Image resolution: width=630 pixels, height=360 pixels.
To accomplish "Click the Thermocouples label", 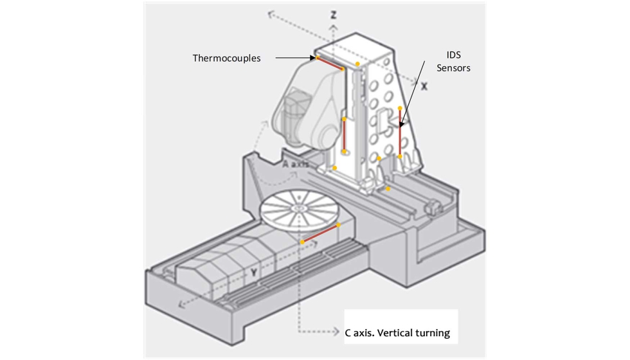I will (x=226, y=58).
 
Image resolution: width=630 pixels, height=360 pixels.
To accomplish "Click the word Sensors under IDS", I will (x=454, y=67).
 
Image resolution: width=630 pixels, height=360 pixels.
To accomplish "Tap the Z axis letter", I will (x=333, y=14).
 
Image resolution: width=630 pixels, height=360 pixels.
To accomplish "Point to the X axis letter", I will (x=424, y=85).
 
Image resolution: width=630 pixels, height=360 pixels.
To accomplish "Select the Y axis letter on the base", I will (x=254, y=273).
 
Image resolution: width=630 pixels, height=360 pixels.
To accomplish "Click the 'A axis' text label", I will (x=296, y=164).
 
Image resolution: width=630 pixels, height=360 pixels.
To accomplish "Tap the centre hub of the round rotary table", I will (x=298, y=209).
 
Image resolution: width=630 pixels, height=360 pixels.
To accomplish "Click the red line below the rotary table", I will (x=320, y=233).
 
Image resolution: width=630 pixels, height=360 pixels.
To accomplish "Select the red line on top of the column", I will (x=330, y=63).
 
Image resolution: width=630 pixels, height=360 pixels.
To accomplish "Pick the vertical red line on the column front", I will (x=345, y=136).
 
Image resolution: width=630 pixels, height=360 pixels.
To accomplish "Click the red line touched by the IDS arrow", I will (x=400, y=132).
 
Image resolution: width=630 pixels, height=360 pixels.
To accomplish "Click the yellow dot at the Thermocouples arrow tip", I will (x=318, y=58).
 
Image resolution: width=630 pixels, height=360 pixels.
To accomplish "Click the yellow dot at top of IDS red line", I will (x=400, y=108).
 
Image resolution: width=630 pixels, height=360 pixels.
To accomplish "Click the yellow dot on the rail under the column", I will (x=388, y=189).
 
